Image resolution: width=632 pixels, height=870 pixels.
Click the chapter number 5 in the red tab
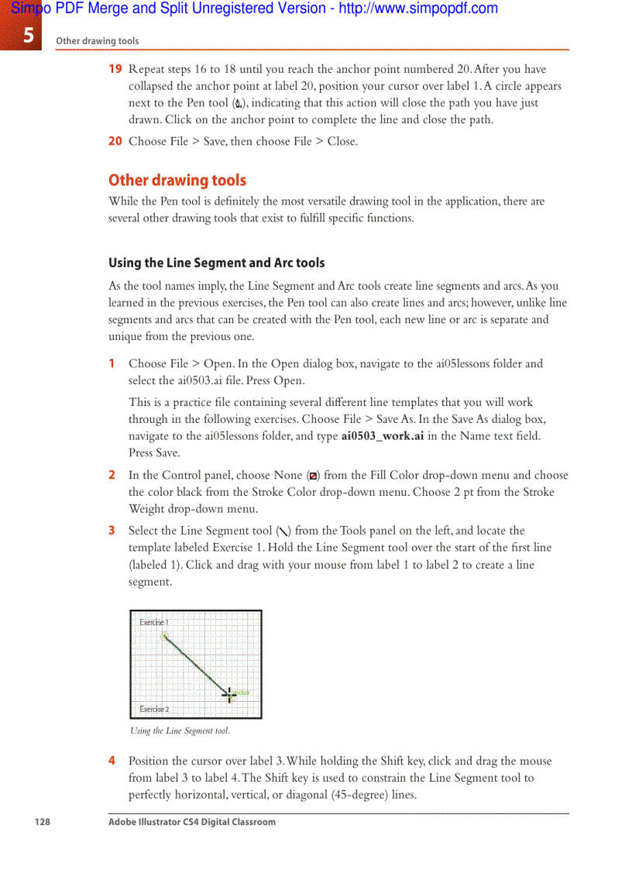pyautogui.click(x=28, y=35)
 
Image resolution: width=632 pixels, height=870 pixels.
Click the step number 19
pyautogui.click(x=115, y=69)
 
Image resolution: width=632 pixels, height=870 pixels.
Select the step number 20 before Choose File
pyautogui.click(x=115, y=141)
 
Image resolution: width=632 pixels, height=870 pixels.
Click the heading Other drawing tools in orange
pyautogui.click(x=177, y=181)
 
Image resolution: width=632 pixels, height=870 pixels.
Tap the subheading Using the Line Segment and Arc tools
pyautogui.click(x=216, y=263)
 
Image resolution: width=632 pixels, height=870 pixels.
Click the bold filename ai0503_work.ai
pyautogui.click(x=382, y=436)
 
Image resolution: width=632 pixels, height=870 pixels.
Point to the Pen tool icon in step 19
pyautogui.click(x=238, y=103)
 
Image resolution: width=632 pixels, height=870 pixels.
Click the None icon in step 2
pyautogui.click(x=312, y=476)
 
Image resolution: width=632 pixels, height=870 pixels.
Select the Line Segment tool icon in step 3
pyautogui.click(x=283, y=531)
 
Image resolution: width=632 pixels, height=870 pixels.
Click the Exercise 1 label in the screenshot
pyautogui.click(x=154, y=622)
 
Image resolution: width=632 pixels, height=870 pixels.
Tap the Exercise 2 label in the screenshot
pyautogui.click(x=154, y=709)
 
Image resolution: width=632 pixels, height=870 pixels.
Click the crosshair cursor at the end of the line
pyautogui.click(x=229, y=693)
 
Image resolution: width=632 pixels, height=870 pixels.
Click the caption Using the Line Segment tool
pyautogui.click(x=180, y=731)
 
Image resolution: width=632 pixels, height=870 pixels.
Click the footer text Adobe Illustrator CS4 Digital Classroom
pyautogui.click(x=191, y=822)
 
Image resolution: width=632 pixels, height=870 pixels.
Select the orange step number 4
pyautogui.click(x=112, y=761)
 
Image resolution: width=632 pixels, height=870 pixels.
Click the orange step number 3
pyautogui.click(x=112, y=531)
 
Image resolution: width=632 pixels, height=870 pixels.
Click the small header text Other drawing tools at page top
pyautogui.click(x=97, y=41)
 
